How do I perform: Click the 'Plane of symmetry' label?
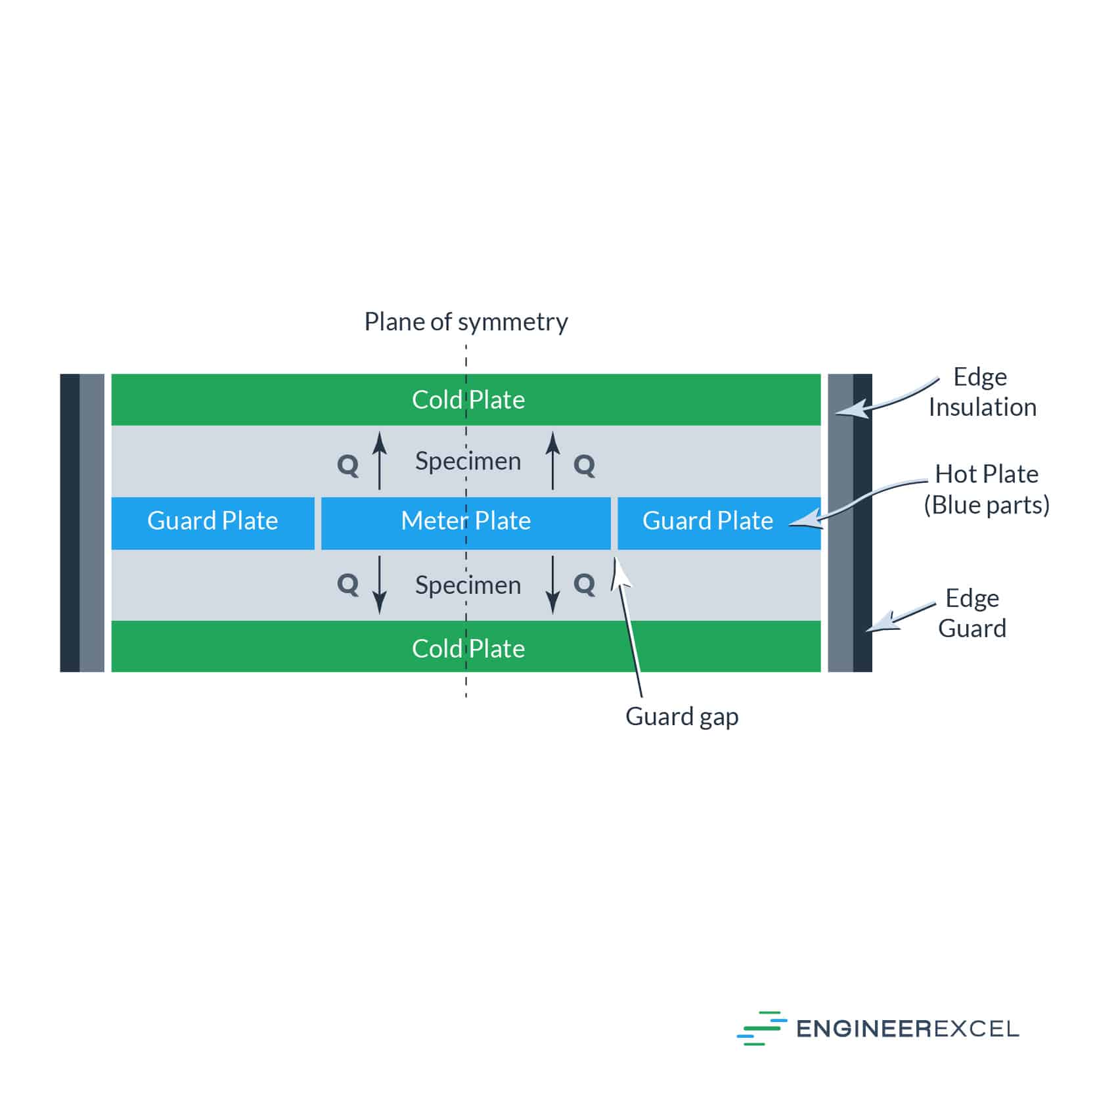[x=466, y=323]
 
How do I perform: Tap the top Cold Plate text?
[x=468, y=399]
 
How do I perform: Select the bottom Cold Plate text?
[x=468, y=648]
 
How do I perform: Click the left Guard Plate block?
[x=213, y=523]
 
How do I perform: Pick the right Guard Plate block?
[x=719, y=523]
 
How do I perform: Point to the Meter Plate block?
[x=466, y=523]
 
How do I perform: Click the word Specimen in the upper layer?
[x=468, y=461]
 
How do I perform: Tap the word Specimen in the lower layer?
[x=468, y=585]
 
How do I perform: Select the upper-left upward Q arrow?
[x=379, y=460]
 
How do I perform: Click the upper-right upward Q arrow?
[x=553, y=460]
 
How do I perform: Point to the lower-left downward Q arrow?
[x=379, y=585]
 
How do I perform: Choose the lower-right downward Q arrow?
[x=553, y=585]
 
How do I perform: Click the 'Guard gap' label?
[x=682, y=717]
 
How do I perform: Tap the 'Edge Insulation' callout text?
[x=982, y=392]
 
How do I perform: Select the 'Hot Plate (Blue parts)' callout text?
[x=987, y=490]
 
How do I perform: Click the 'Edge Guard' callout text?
[x=972, y=614]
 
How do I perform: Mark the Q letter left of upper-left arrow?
[x=347, y=466]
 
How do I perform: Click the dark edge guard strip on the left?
[x=70, y=523]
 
